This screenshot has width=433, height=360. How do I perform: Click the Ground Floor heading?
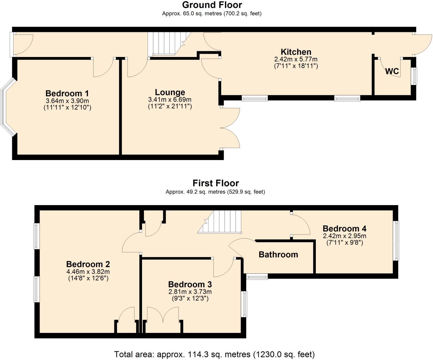pyautogui.click(x=212, y=5)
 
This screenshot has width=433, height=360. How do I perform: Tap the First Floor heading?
pyautogui.click(x=216, y=183)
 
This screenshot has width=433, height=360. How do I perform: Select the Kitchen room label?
pyautogui.click(x=296, y=52)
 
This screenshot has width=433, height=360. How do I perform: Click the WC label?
pyautogui.click(x=392, y=71)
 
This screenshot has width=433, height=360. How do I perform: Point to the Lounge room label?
pyautogui.click(x=170, y=92)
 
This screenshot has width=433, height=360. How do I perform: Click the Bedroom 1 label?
pyautogui.click(x=67, y=93)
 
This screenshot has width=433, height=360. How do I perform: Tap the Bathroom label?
pyautogui.click(x=278, y=255)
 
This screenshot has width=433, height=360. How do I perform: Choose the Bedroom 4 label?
pyautogui.click(x=344, y=229)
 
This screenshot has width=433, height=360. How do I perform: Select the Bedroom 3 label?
pyautogui.click(x=190, y=284)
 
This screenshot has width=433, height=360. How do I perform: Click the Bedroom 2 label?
pyautogui.click(x=88, y=264)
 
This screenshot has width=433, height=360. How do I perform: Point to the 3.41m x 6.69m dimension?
pyautogui.click(x=170, y=99)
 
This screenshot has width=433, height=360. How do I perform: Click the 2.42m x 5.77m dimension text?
pyautogui.click(x=296, y=59)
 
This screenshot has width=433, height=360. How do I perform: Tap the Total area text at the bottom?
pyautogui.click(x=214, y=355)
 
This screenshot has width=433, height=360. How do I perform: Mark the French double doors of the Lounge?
pyautogui.click(x=230, y=128)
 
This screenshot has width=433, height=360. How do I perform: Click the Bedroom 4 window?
pyautogui.click(x=397, y=241)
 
